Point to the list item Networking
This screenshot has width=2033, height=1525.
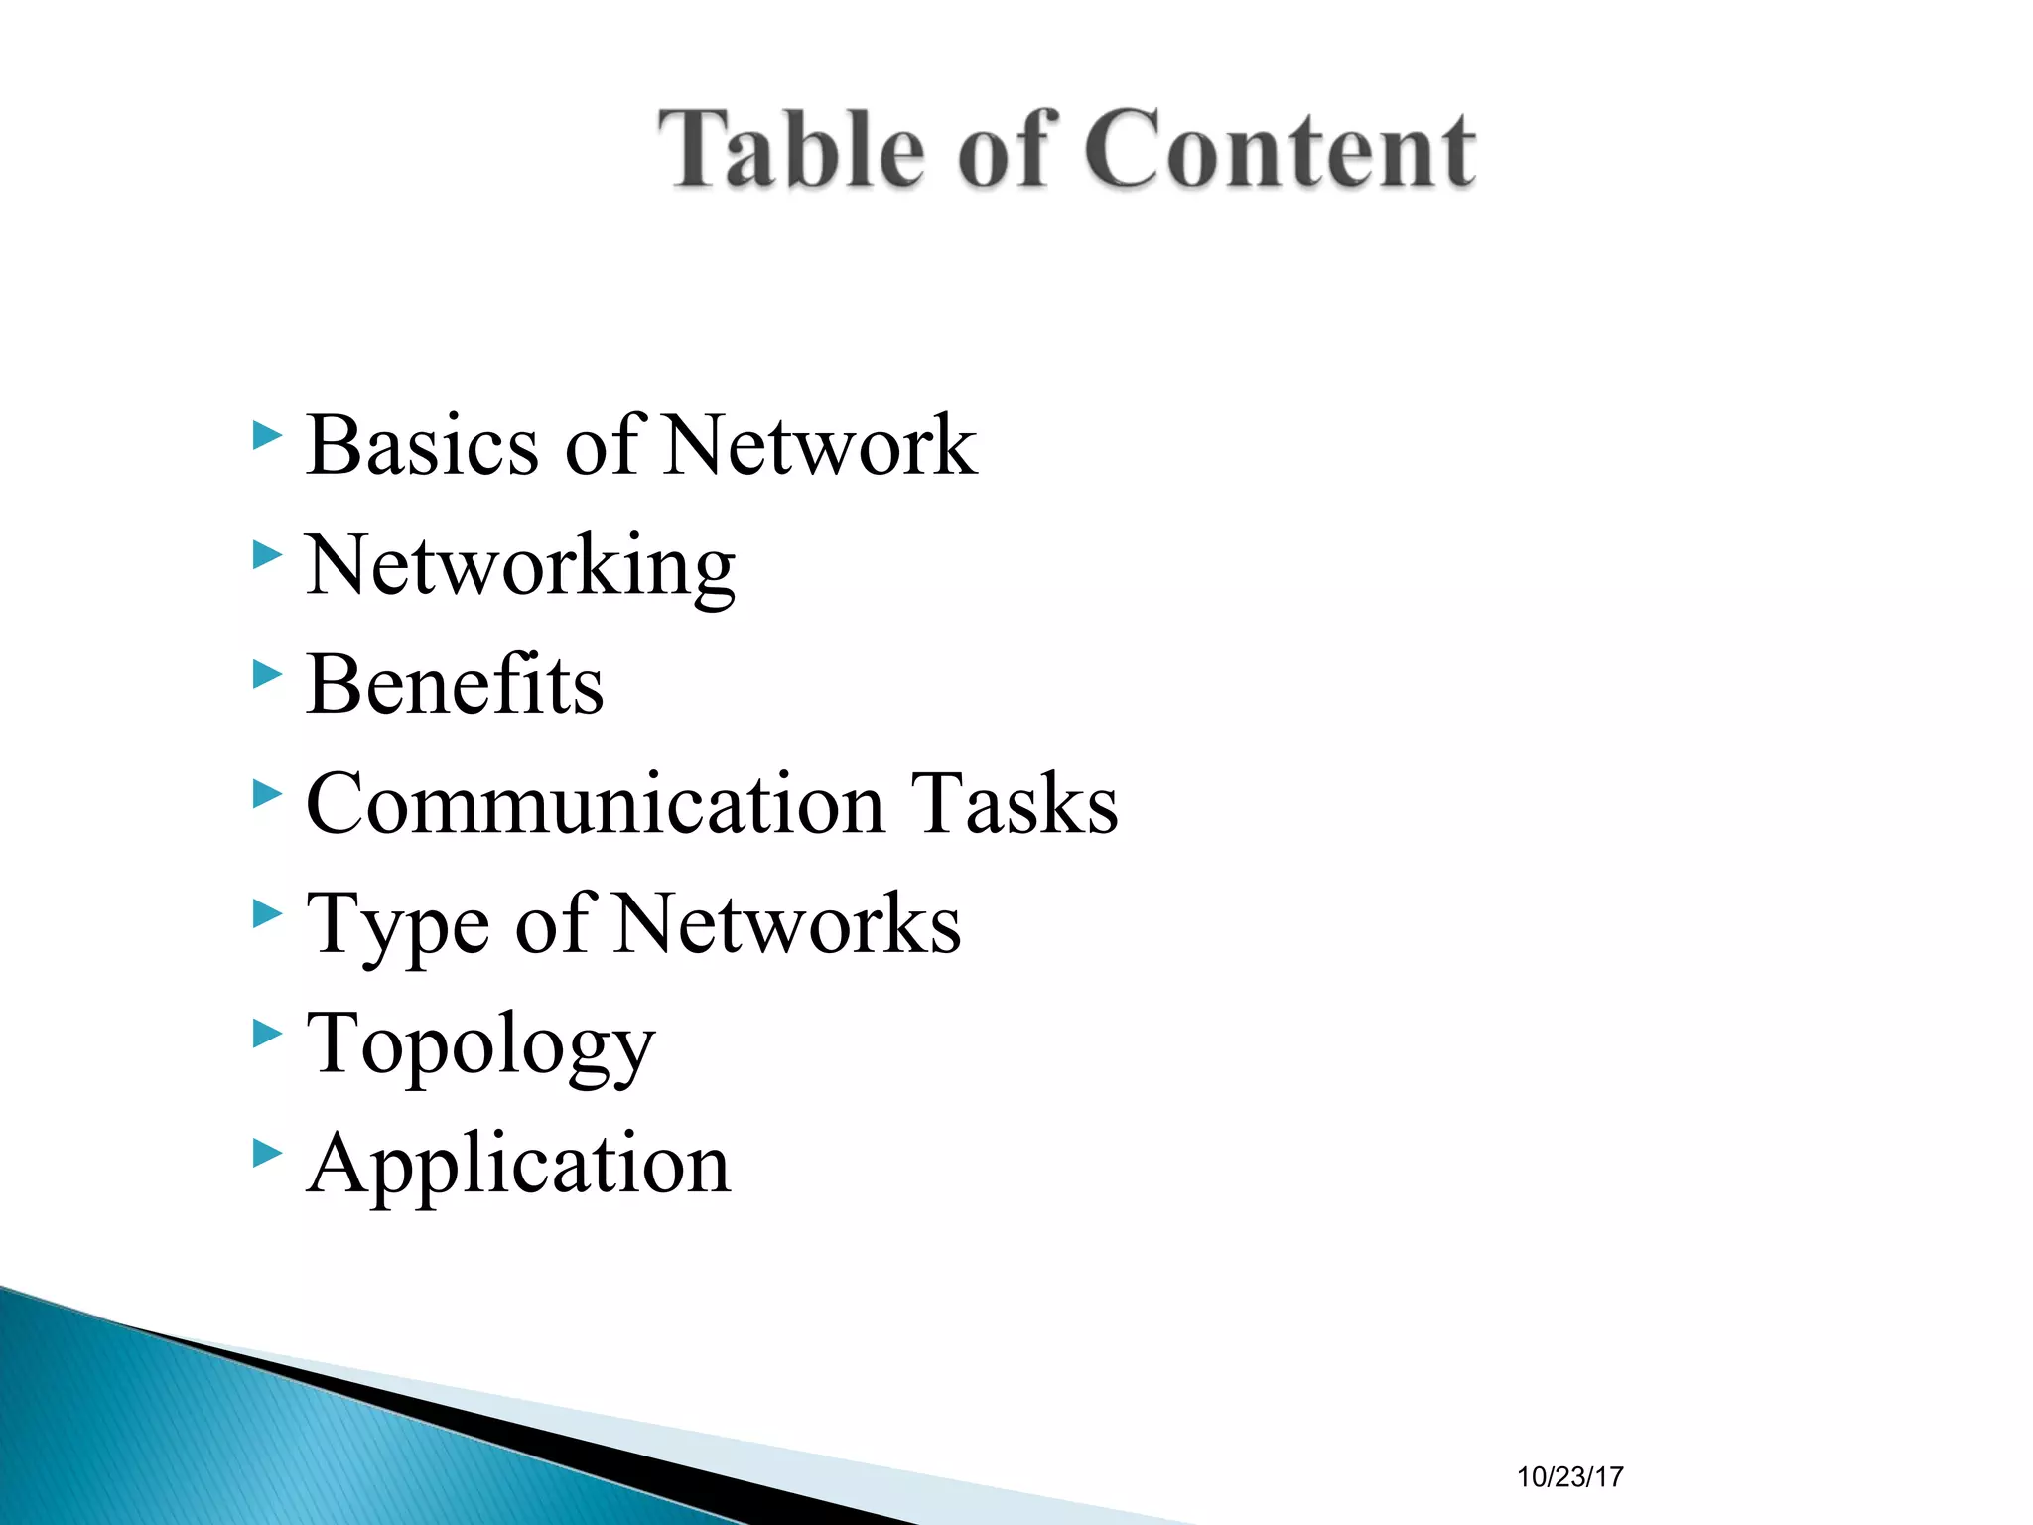[520, 566]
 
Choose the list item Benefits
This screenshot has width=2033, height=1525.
[455, 685]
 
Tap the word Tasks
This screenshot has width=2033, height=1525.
[1015, 804]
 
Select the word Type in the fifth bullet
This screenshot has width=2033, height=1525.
[397, 925]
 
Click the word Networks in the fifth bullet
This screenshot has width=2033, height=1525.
[788, 925]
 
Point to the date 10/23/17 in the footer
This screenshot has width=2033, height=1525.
[1569, 1477]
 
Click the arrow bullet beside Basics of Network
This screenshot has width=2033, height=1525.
[267, 435]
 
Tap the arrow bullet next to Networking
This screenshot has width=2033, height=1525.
[267, 555]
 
